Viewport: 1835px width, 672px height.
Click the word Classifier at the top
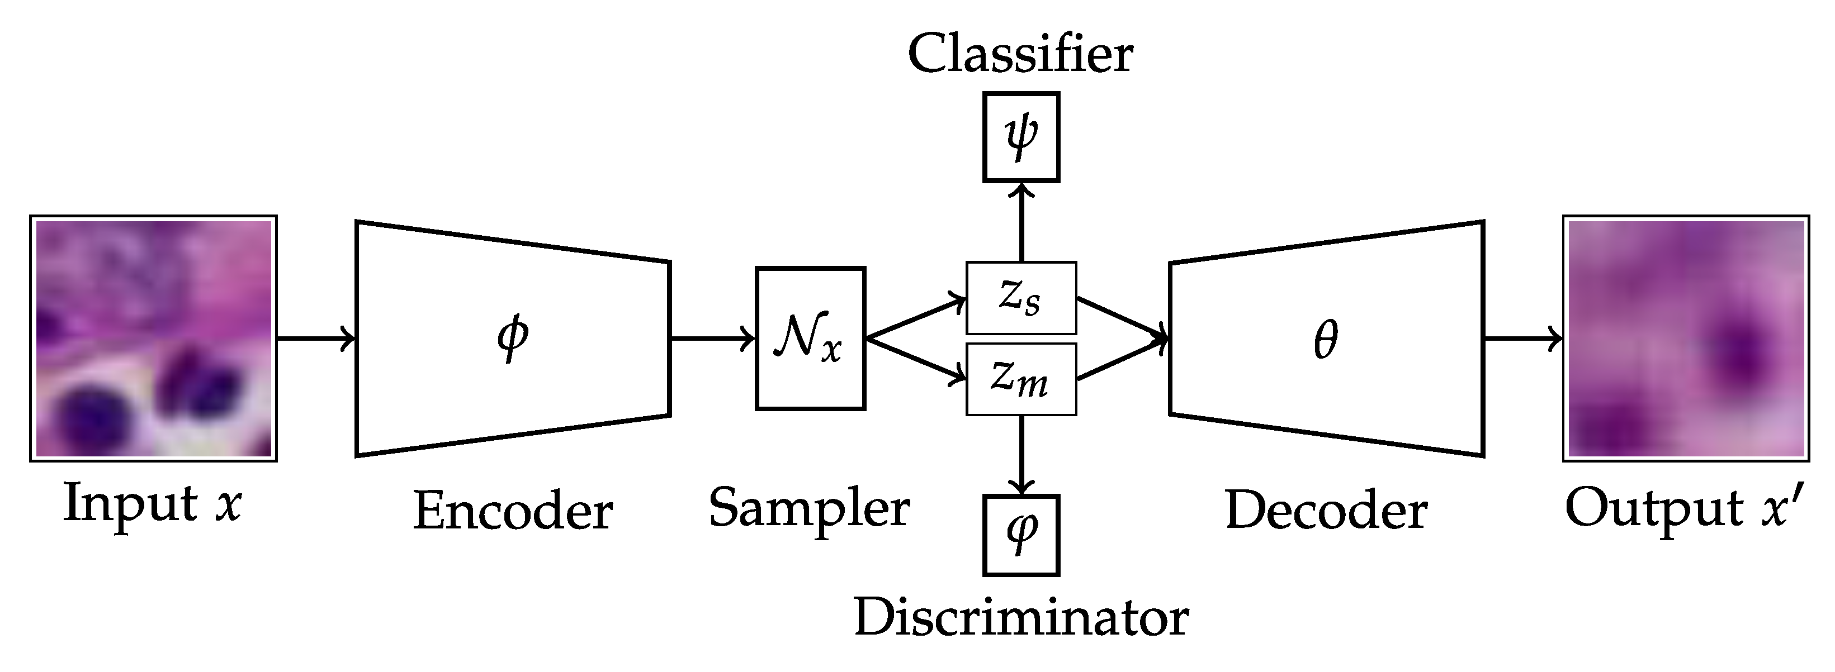(x=1020, y=54)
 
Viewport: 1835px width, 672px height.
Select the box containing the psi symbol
(x=1021, y=137)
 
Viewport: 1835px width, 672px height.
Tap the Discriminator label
(x=1021, y=617)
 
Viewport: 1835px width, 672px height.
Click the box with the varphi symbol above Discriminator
(x=1021, y=535)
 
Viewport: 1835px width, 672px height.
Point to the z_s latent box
(x=1021, y=298)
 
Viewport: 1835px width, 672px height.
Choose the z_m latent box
(x=1021, y=379)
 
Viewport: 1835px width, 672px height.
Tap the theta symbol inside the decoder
(x=1326, y=340)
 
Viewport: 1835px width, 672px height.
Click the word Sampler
(x=809, y=508)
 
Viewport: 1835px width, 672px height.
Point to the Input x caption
(x=153, y=503)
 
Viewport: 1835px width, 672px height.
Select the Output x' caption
(x=1685, y=509)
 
